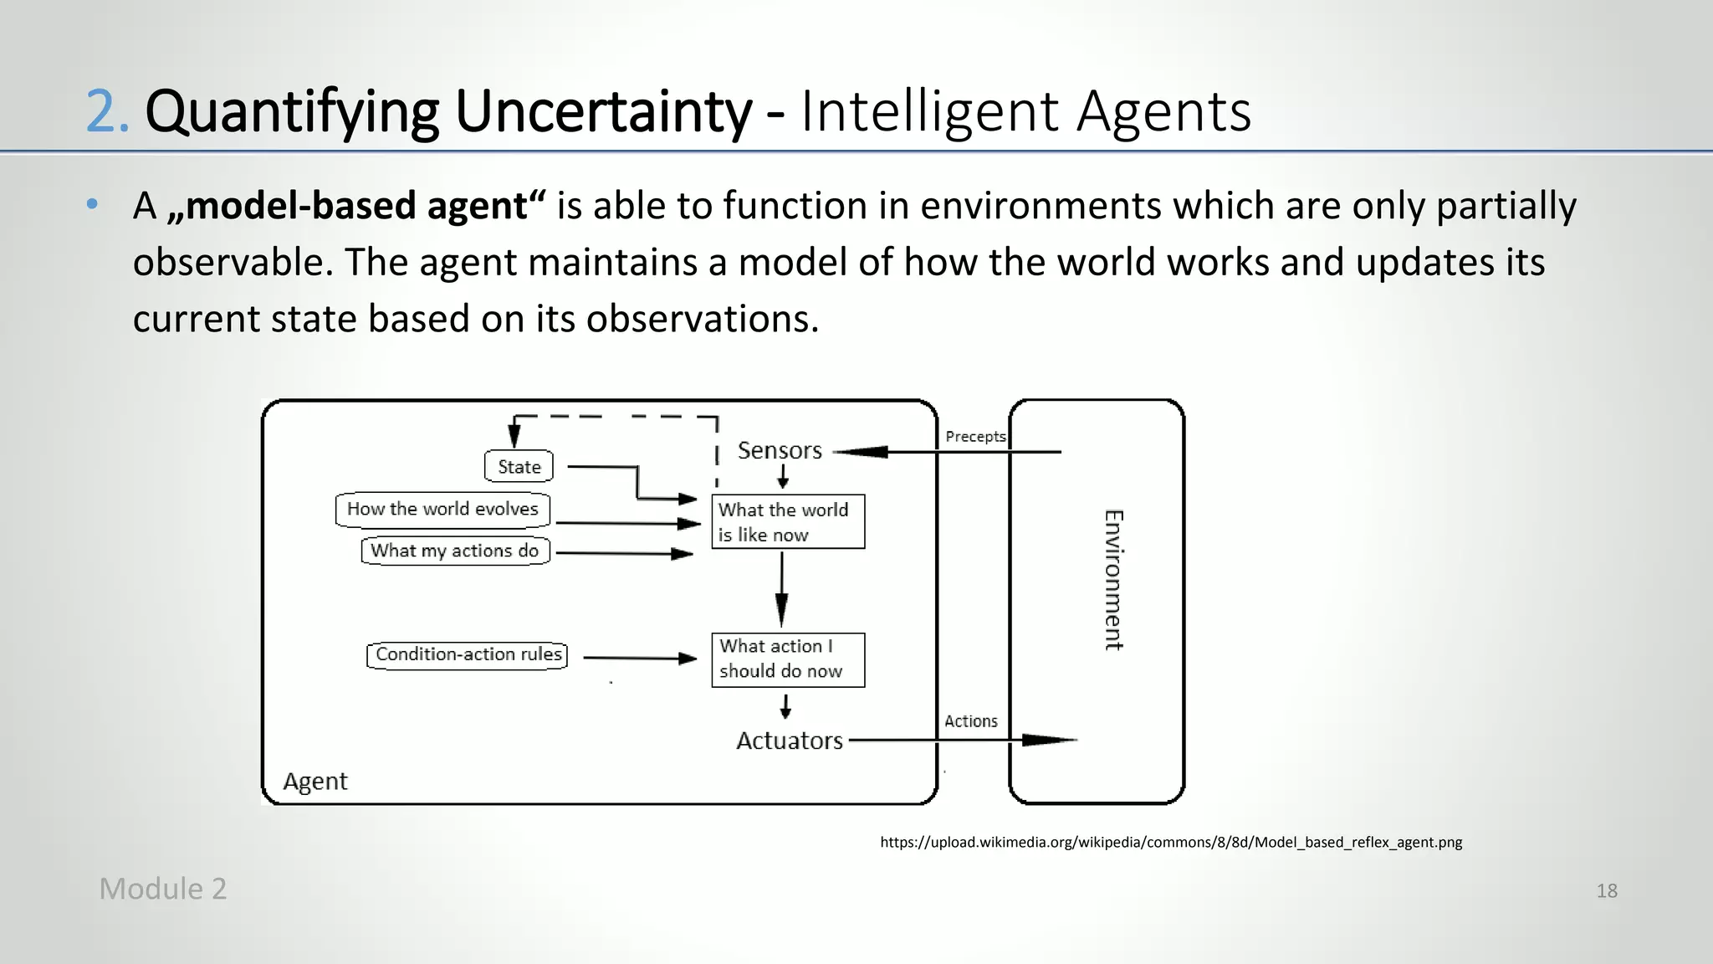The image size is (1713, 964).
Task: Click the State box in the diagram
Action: pos(519,466)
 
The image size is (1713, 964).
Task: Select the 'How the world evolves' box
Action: pos(442,509)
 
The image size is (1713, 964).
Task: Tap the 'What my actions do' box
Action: pos(455,551)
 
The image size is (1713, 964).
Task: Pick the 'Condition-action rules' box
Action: pos(468,654)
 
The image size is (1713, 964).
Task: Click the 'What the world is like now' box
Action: pos(787,522)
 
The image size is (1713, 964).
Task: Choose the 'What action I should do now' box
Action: pos(787,659)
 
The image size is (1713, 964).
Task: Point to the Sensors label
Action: pos(780,450)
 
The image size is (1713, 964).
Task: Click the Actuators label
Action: pos(789,741)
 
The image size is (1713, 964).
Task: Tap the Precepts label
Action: pos(974,436)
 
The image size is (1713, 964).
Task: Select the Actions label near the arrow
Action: pos(970,720)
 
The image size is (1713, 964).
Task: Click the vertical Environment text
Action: pos(1113,580)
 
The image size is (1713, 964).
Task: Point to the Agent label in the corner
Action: pos(314,781)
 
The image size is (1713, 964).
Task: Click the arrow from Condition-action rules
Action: pos(640,659)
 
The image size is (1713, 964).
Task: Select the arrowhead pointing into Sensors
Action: pos(862,452)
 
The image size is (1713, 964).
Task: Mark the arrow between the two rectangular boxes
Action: pos(781,590)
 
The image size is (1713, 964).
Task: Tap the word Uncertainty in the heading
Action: pos(602,111)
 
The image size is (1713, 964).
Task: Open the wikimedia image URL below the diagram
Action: pos(1170,842)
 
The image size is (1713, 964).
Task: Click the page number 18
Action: pos(1606,890)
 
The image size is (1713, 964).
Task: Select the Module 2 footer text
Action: pos(162,889)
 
